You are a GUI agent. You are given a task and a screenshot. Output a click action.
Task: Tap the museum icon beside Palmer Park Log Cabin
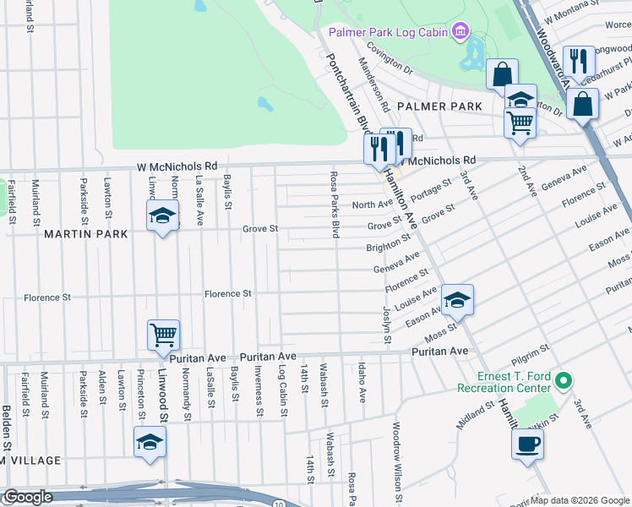tap(460, 33)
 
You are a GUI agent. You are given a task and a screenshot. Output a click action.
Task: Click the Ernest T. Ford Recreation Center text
tap(503, 382)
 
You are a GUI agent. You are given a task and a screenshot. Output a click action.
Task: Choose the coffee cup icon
tap(528, 444)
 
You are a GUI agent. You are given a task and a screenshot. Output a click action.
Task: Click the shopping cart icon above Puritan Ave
tap(163, 334)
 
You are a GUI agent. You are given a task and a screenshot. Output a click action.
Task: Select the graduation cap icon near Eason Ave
tap(457, 299)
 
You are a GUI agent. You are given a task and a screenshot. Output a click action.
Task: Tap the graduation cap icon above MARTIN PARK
tap(162, 216)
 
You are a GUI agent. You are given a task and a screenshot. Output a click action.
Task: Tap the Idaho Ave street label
tap(362, 382)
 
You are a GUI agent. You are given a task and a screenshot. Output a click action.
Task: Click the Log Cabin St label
tap(281, 384)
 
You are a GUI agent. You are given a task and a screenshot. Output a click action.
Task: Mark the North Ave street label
tap(371, 204)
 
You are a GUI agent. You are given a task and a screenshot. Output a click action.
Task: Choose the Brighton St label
tap(386, 248)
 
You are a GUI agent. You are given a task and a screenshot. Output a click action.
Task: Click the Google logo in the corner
tap(27, 498)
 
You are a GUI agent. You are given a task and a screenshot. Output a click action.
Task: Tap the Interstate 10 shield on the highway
tap(278, 504)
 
